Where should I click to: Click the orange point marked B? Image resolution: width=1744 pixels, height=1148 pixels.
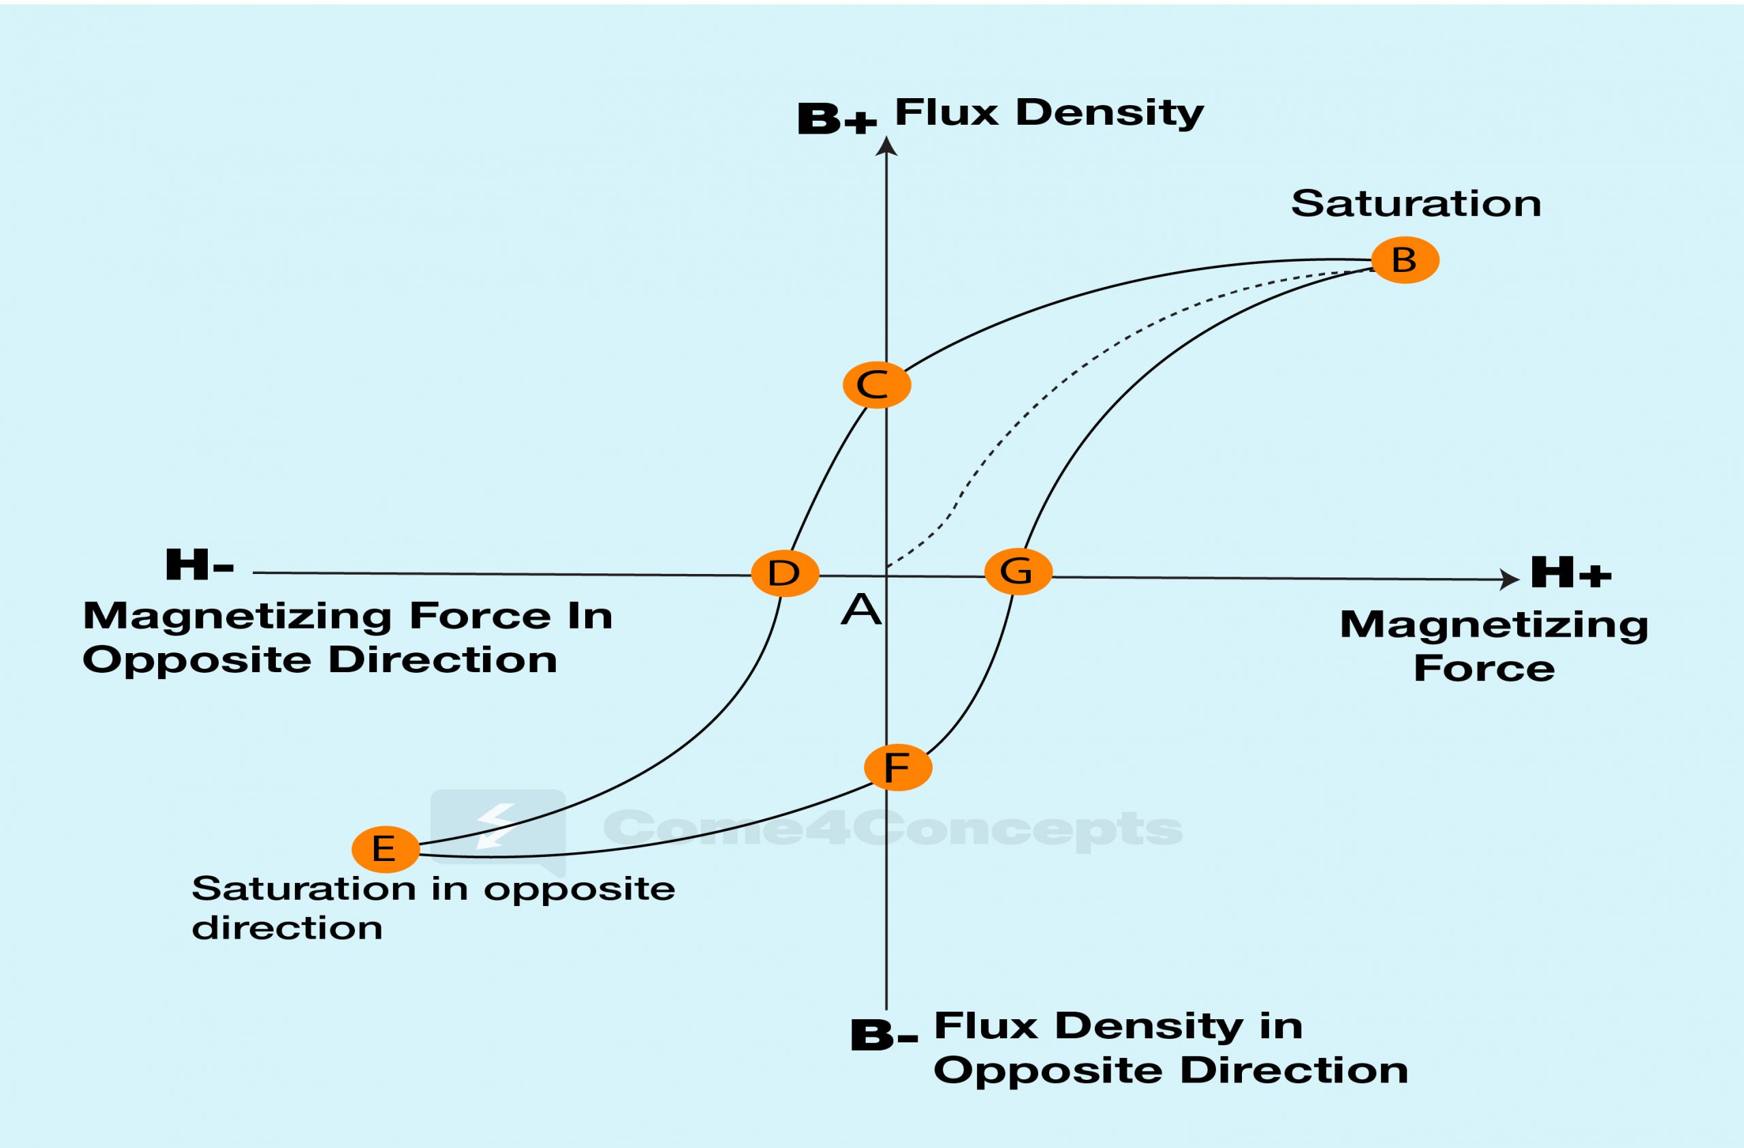[1405, 260]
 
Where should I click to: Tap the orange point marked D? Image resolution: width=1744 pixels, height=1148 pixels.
[785, 573]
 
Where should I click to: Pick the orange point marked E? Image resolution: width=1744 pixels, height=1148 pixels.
[386, 849]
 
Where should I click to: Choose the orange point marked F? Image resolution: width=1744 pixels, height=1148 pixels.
[898, 767]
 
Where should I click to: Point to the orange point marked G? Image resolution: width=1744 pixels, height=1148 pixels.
[1018, 571]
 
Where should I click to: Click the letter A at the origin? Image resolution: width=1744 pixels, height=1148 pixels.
[860, 610]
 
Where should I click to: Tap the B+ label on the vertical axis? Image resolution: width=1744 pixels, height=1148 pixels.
[837, 119]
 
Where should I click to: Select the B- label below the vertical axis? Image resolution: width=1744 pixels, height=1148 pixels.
[883, 1035]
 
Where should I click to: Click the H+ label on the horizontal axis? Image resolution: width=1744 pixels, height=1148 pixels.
[1570, 573]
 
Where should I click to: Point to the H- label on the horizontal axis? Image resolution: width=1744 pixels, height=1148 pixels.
[200, 564]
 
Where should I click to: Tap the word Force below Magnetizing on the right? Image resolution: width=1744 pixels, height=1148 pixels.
[1484, 668]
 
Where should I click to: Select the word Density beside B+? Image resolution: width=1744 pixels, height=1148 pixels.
[1110, 114]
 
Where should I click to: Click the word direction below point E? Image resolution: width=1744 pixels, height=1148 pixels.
[287, 928]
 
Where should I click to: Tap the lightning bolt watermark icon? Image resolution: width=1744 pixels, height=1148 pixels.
[495, 826]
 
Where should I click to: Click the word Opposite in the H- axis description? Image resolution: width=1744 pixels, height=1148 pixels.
[197, 661]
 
